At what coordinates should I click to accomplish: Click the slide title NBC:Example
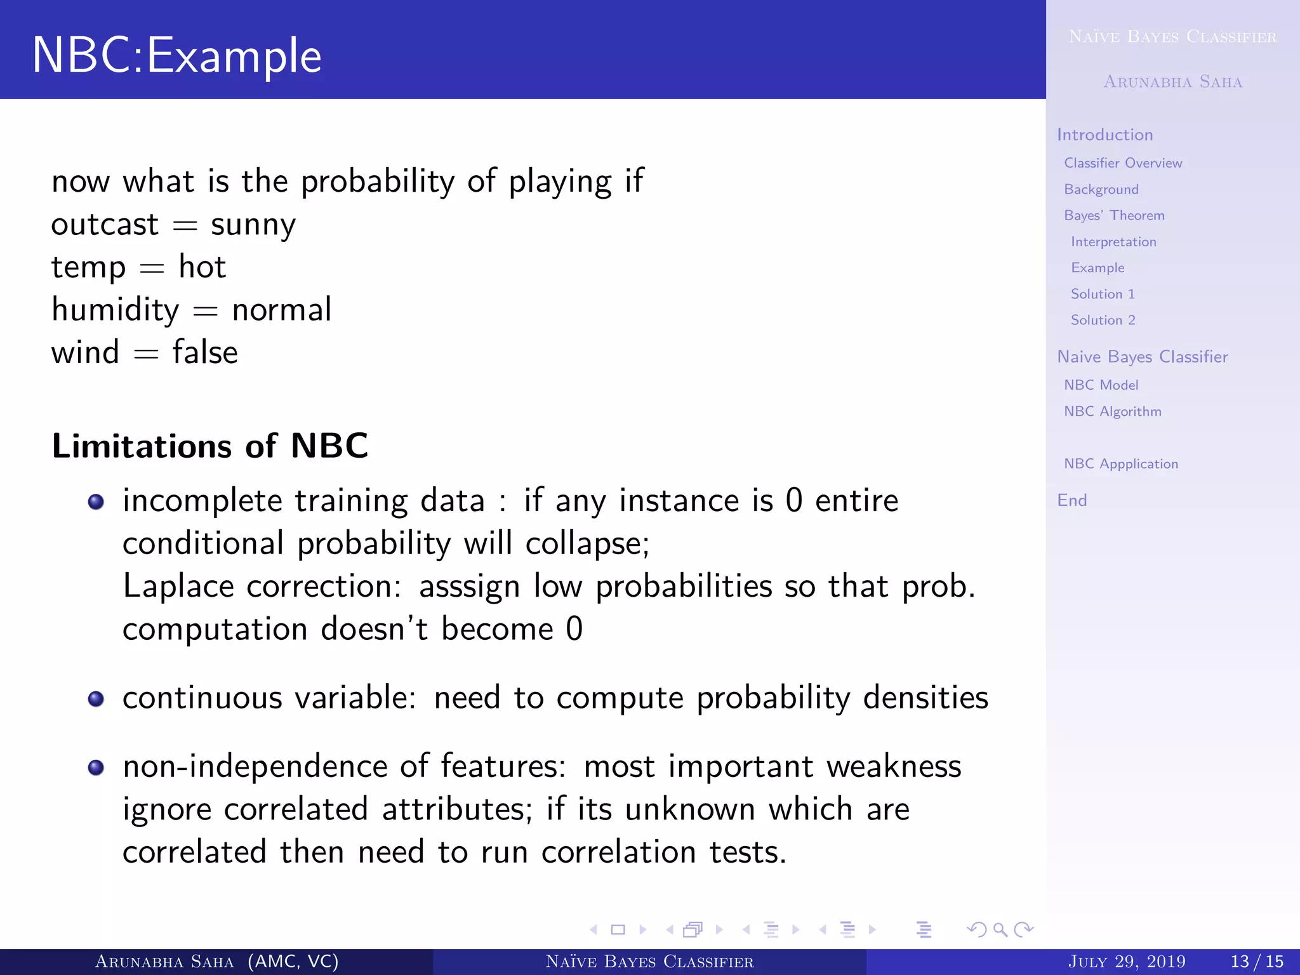[176, 56]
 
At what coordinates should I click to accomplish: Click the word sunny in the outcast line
[253, 225]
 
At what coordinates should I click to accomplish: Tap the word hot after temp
[202, 267]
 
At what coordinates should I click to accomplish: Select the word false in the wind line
[204, 352]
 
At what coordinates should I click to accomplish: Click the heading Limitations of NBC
[209, 446]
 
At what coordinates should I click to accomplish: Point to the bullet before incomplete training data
[96, 502]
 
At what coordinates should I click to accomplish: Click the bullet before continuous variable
[96, 699]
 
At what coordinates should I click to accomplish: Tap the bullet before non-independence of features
[96, 767]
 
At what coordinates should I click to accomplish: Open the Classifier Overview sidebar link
[1122, 163]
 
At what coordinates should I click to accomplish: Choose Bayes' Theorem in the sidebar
[1113, 216]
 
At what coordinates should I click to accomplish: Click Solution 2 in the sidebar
[1103, 320]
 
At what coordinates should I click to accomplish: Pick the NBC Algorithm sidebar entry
[1112, 411]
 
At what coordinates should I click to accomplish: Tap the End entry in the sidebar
[1071, 500]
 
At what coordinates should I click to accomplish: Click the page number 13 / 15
[1256, 962]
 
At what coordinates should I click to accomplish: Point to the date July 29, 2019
[1126, 962]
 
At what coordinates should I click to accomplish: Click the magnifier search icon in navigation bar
[1000, 930]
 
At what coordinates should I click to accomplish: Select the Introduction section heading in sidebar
[1104, 135]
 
